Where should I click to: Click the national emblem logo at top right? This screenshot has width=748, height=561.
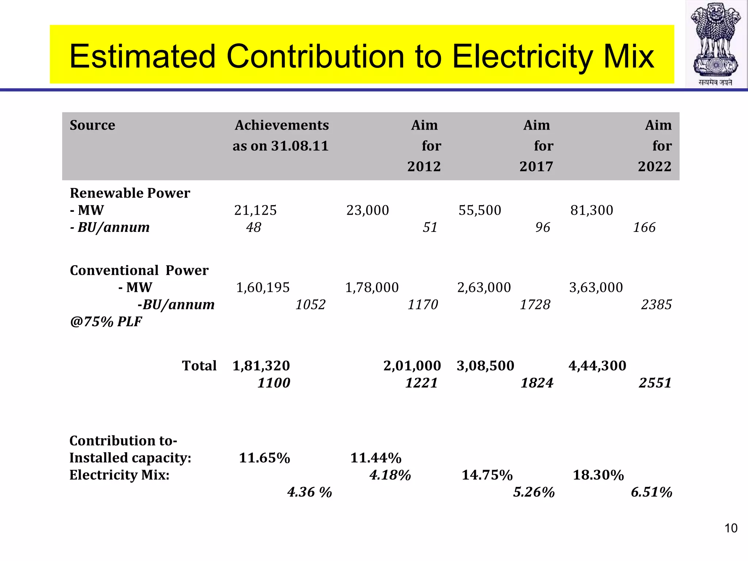click(x=716, y=44)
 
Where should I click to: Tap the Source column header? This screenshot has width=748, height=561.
click(x=92, y=125)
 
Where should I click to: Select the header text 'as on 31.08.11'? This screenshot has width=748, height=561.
click(x=280, y=146)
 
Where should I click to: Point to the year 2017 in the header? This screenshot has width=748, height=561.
click(x=536, y=167)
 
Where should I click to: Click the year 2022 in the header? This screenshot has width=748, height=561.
click(x=654, y=167)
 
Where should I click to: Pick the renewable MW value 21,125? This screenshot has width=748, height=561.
click(x=255, y=210)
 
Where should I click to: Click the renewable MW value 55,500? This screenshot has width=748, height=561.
click(x=480, y=210)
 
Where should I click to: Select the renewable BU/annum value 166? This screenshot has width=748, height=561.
click(x=644, y=228)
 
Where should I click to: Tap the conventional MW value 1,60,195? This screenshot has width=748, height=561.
click(x=263, y=287)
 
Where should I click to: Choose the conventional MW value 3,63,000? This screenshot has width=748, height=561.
click(x=596, y=287)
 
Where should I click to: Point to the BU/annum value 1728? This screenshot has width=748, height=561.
click(x=535, y=305)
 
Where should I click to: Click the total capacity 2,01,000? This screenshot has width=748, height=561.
click(x=412, y=366)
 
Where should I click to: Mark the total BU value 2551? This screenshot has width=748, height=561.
click(x=655, y=383)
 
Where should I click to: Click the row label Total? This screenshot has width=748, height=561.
click(x=199, y=366)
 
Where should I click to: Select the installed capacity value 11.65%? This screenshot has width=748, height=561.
click(x=264, y=458)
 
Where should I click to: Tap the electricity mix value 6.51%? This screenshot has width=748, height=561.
click(x=651, y=492)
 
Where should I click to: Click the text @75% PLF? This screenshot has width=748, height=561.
click(x=106, y=322)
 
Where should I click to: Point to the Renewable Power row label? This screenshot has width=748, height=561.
click(x=130, y=193)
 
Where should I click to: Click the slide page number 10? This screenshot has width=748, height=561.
click(x=731, y=528)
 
